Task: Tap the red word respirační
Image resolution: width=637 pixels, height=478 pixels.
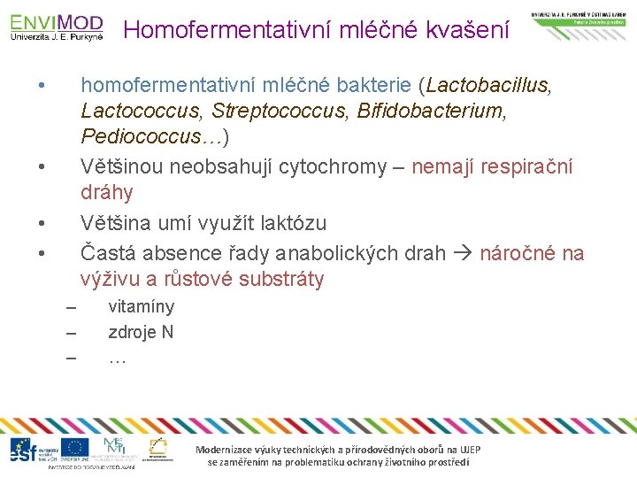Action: click(x=527, y=166)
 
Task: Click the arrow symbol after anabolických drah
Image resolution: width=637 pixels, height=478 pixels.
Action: click(x=463, y=254)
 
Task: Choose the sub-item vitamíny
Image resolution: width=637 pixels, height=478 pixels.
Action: click(x=141, y=307)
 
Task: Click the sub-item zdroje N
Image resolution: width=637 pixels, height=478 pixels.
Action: click(x=141, y=333)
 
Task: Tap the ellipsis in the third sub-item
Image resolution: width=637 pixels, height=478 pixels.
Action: click(x=117, y=358)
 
